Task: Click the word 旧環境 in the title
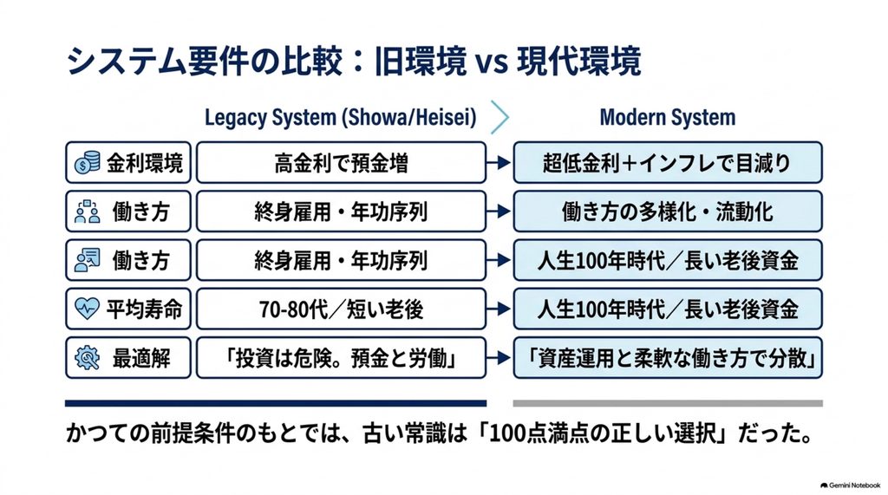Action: tap(421, 61)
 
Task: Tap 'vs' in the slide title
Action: tap(491, 62)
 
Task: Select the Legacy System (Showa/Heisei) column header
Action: tap(340, 117)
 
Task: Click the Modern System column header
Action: tap(668, 117)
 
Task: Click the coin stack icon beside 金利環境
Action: tap(87, 163)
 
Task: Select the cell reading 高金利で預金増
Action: tap(341, 163)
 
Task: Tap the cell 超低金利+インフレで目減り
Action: tap(668, 163)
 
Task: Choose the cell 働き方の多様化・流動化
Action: tap(668, 212)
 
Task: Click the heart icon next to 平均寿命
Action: tap(87, 309)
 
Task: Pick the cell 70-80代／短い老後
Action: tap(341, 309)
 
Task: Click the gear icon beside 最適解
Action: tap(88, 358)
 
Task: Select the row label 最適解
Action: tap(141, 358)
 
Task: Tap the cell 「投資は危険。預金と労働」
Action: tap(341, 358)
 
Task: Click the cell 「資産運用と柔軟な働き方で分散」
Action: tap(668, 358)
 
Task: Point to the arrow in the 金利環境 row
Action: tap(499, 163)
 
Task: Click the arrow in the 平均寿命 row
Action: tap(499, 309)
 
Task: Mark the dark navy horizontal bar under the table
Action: tap(276, 404)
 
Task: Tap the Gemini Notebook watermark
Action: tap(850, 485)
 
